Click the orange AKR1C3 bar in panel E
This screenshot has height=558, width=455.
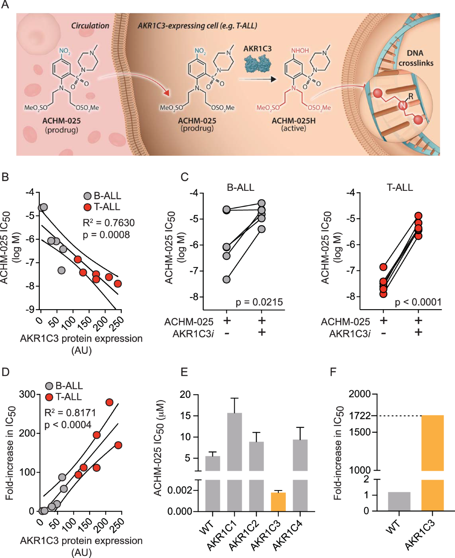click(278, 501)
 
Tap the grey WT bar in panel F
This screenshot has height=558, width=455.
click(399, 501)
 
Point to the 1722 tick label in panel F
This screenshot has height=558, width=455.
click(360, 416)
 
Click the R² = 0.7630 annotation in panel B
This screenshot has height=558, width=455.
click(108, 223)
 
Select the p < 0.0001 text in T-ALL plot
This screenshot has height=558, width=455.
click(418, 302)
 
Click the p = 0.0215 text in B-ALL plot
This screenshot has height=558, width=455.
click(259, 302)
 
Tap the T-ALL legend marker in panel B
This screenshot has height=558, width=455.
click(88, 207)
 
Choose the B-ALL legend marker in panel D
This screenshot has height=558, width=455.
click(49, 386)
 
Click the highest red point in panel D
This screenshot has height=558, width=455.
click(109, 402)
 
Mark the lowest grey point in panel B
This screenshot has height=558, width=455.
click(61, 270)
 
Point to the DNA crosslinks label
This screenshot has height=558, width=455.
click(416, 58)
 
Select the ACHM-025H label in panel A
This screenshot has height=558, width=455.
click(293, 121)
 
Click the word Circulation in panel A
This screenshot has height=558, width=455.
click(90, 26)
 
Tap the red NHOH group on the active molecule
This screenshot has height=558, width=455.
click(300, 51)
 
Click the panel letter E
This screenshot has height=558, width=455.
click(184, 372)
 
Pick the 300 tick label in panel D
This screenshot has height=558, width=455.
click(27, 395)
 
